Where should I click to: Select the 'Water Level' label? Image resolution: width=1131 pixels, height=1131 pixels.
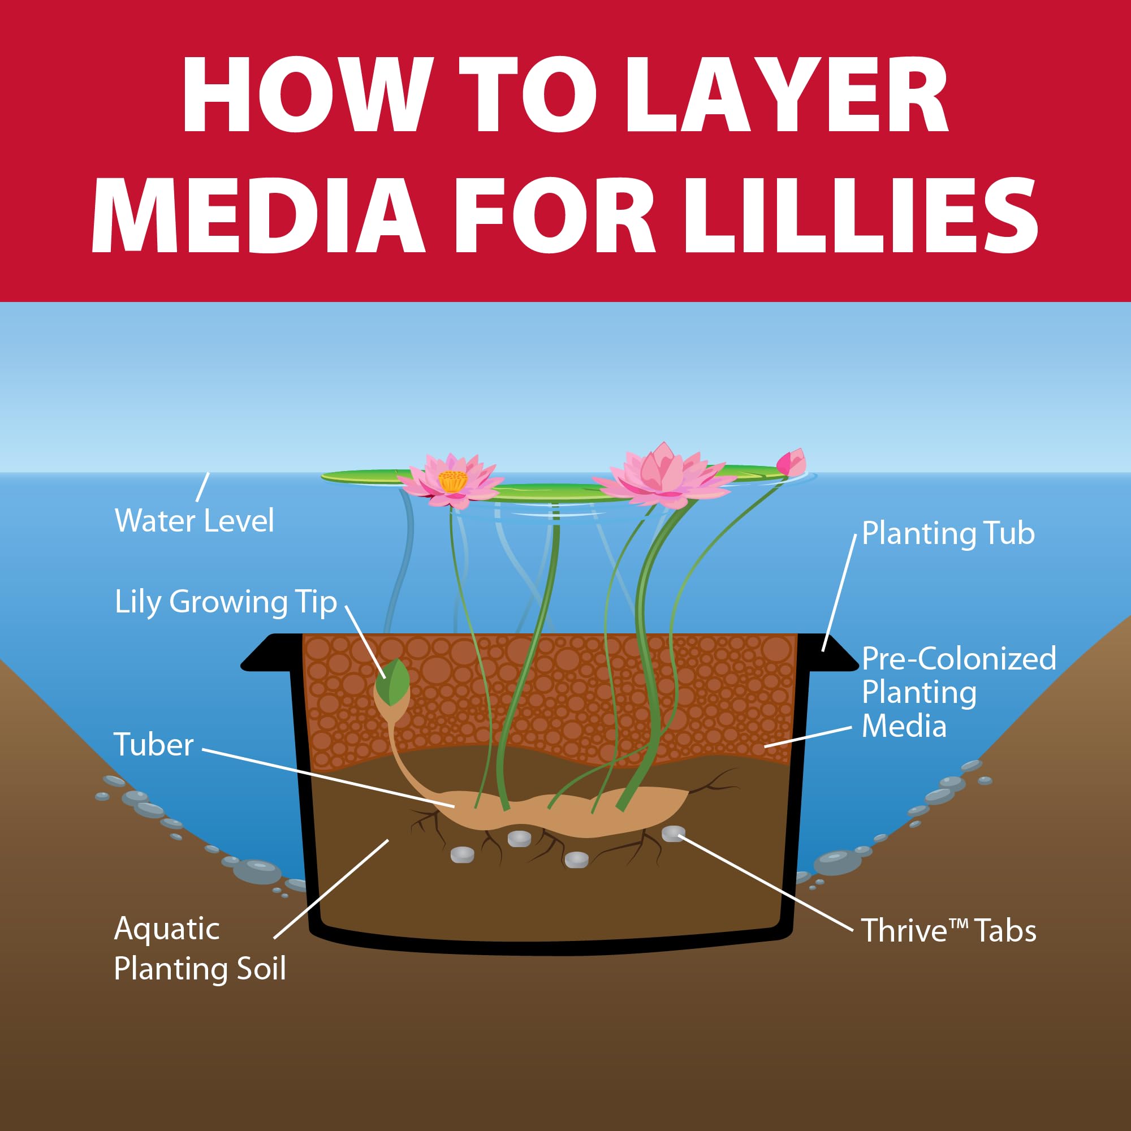pos(195,520)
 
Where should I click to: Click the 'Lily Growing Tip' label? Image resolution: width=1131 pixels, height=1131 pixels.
pos(226,602)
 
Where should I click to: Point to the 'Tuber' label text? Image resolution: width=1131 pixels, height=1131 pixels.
pos(153,745)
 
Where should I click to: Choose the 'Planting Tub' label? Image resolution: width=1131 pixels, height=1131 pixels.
pos(948,533)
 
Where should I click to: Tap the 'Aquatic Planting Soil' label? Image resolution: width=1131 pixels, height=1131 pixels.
pos(199,948)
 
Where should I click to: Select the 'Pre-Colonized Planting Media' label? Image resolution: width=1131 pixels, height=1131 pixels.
pos(959,692)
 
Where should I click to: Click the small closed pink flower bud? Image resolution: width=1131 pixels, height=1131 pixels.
pos(792,463)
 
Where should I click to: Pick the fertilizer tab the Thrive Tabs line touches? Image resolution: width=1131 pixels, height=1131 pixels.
pos(673,833)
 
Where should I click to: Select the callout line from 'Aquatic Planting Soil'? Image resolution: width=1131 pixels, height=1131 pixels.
pos(331,889)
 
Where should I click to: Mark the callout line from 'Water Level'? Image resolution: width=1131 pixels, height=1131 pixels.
pos(202,486)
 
